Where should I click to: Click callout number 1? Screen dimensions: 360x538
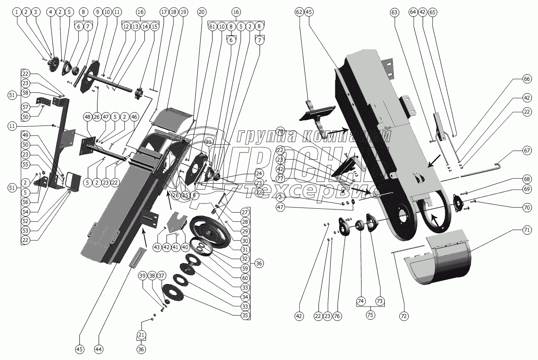pyautogui.click(x=17, y=12)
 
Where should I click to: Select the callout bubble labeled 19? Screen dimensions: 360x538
pyautogui.click(x=183, y=12)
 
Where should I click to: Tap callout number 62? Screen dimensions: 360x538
pyautogui.click(x=299, y=12)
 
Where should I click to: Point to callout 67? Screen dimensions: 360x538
pyautogui.click(x=527, y=151)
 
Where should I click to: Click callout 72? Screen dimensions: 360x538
pyautogui.click(x=404, y=316)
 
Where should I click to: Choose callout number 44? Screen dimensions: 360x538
pyautogui.click(x=99, y=349)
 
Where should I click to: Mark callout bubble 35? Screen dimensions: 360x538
pyautogui.click(x=245, y=315)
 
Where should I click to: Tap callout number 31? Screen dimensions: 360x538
pyautogui.click(x=245, y=250)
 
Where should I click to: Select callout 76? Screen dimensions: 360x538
pyautogui.click(x=338, y=316)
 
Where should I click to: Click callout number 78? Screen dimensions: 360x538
pyautogui.click(x=280, y=131)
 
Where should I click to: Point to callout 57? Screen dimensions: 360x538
pyautogui.click(x=26, y=107)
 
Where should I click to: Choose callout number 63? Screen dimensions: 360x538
pyautogui.click(x=394, y=12)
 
